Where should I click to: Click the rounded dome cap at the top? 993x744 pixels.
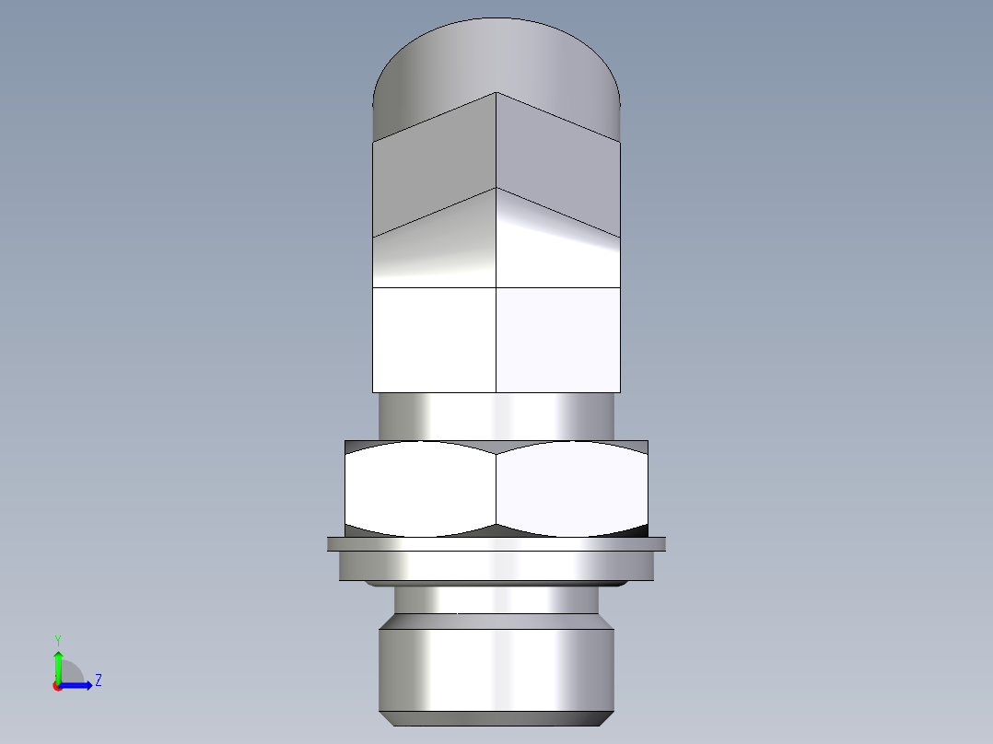point(496,55)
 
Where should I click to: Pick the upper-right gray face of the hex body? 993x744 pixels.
point(558,170)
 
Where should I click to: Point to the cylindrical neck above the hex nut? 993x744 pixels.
point(496,416)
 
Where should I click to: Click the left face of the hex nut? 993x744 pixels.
point(420,488)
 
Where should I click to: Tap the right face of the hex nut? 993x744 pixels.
point(571,488)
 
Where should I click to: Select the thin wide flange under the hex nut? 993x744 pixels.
point(496,544)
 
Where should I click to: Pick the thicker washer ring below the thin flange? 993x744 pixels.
point(496,565)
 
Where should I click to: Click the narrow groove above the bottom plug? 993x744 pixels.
point(496,600)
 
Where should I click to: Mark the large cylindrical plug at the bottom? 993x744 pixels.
point(496,668)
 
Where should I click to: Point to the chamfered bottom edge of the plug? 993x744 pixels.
point(496,718)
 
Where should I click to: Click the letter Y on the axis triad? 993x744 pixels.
point(58,640)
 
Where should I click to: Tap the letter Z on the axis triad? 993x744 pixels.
point(98,680)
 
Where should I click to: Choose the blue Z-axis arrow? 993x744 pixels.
point(78,684)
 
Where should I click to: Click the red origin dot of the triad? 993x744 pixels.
point(57,686)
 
